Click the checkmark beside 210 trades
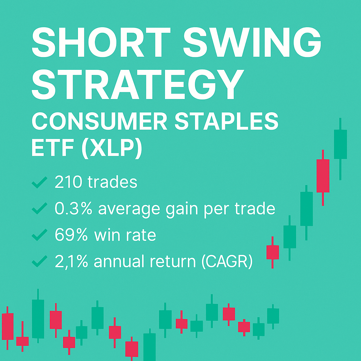coord(39,183)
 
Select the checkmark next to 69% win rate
coord(39,236)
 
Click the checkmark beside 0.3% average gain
coord(39,209)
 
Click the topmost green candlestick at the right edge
coord(340,144)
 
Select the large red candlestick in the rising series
coord(323,176)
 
